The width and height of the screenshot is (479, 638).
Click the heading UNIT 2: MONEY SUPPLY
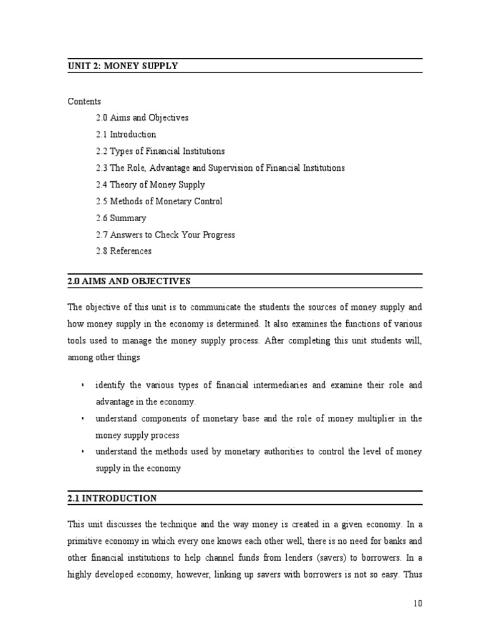123,66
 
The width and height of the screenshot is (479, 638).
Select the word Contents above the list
84,101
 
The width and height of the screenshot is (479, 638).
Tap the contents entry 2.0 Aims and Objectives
142,118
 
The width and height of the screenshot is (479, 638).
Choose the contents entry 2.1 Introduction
126,135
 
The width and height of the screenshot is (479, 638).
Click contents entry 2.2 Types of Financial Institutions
160,151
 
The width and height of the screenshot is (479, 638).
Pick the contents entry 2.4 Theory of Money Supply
150,185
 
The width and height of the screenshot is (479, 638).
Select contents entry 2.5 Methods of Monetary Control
159,202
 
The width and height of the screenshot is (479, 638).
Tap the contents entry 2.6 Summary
121,219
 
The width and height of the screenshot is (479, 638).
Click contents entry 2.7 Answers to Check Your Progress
165,236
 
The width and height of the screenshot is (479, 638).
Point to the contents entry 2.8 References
123,252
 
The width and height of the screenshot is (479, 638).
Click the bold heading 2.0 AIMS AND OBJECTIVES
129,282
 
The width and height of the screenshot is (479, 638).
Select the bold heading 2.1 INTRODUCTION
112,498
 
